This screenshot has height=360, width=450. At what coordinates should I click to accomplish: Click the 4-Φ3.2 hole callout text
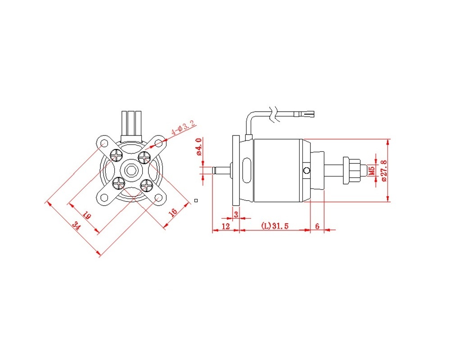tap(183, 127)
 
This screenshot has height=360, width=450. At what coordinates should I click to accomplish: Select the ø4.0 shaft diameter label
tap(199, 146)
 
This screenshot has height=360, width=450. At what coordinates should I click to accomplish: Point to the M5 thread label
tap(372, 170)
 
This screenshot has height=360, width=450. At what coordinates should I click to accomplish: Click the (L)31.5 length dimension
tap(274, 225)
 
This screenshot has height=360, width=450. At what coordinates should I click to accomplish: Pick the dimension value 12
tap(226, 226)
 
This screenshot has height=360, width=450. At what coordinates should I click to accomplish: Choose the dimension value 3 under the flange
tap(236, 214)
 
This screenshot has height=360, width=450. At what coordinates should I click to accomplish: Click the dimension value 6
tap(317, 226)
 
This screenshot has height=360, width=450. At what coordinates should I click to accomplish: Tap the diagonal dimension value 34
tap(76, 225)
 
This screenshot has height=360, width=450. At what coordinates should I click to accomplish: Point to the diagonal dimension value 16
tap(173, 212)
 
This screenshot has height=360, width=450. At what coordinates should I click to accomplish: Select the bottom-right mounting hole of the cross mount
tap(158, 198)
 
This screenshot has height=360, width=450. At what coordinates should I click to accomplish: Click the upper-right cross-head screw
tap(144, 157)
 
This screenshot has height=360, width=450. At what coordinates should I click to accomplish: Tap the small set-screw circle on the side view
tap(307, 171)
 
